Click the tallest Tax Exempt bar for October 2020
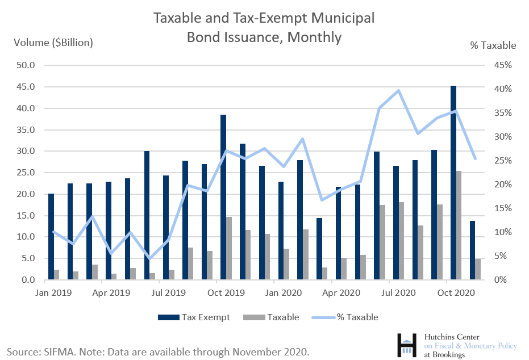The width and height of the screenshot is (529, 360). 453,182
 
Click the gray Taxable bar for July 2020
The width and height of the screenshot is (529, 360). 401,241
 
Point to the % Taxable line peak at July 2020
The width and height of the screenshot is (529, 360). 398,90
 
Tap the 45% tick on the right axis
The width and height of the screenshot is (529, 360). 503,65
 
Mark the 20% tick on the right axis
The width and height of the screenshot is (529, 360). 503,185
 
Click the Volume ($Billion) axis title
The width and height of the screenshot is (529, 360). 53,43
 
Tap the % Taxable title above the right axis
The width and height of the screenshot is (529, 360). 493,45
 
